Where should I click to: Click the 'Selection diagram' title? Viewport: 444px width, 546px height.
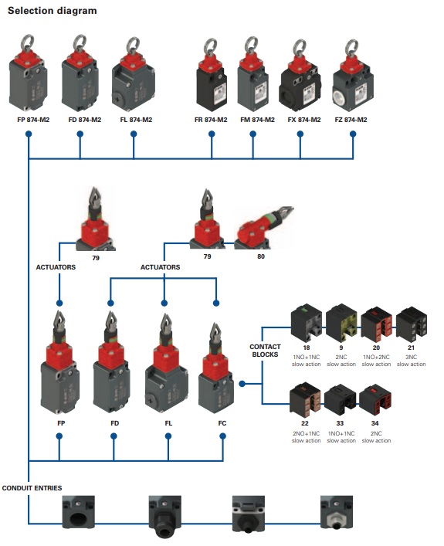tap(53, 11)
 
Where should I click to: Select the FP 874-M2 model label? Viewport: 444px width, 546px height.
tap(33, 120)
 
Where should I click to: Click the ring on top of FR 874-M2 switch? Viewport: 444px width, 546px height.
tap(210, 46)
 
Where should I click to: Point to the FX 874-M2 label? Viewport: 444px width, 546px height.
tap(304, 120)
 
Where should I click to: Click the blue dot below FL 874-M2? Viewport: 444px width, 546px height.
tap(134, 134)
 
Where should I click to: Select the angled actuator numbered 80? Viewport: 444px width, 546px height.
tap(264, 228)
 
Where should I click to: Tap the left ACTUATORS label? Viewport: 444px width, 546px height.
tap(56, 267)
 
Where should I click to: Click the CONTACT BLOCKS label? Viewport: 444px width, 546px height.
tap(265, 351)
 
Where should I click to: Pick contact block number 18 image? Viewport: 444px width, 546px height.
tap(307, 323)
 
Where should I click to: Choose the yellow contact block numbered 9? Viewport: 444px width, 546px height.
tap(341, 323)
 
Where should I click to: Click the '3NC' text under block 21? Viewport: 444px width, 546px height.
tap(412, 357)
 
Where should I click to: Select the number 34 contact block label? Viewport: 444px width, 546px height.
tap(375, 423)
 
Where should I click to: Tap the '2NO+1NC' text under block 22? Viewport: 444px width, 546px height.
tap(306, 433)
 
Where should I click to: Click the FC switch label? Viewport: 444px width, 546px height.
tap(222, 423)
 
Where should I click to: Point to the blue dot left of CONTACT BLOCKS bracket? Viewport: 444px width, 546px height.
tap(242, 384)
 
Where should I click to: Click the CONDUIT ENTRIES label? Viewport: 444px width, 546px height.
tap(32, 488)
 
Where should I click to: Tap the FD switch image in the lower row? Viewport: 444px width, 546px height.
tap(111, 362)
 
